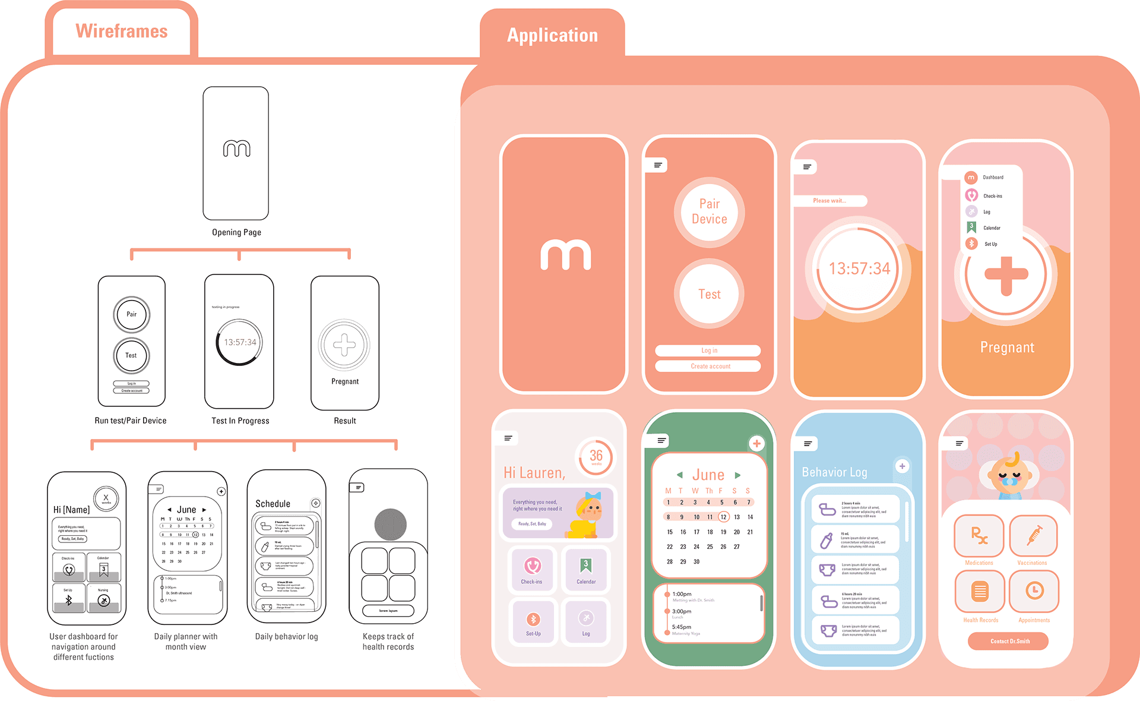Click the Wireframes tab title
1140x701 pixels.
coord(121,31)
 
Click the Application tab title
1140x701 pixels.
coord(552,36)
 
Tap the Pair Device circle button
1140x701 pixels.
coord(709,211)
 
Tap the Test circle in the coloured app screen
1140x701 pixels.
coord(709,294)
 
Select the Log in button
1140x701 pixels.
coord(708,350)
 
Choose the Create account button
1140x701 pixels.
coord(708,366)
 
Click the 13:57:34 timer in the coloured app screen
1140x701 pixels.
coord(859,269)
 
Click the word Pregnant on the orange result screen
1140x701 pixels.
coord(1007,348)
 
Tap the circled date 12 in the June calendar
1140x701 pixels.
coord(723,517)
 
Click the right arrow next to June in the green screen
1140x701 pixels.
coord(737,475)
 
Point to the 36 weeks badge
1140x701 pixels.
coord(596,457)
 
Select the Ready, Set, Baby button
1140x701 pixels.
coord(532,524)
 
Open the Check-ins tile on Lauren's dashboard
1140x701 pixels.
coord(532,569)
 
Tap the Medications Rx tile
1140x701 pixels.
coord(978,536)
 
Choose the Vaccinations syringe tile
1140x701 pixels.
coord(1033,536)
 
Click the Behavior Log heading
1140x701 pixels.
coord(834,472)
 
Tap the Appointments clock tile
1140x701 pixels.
coord(1034,592)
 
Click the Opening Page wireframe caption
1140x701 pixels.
coord(236,232)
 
